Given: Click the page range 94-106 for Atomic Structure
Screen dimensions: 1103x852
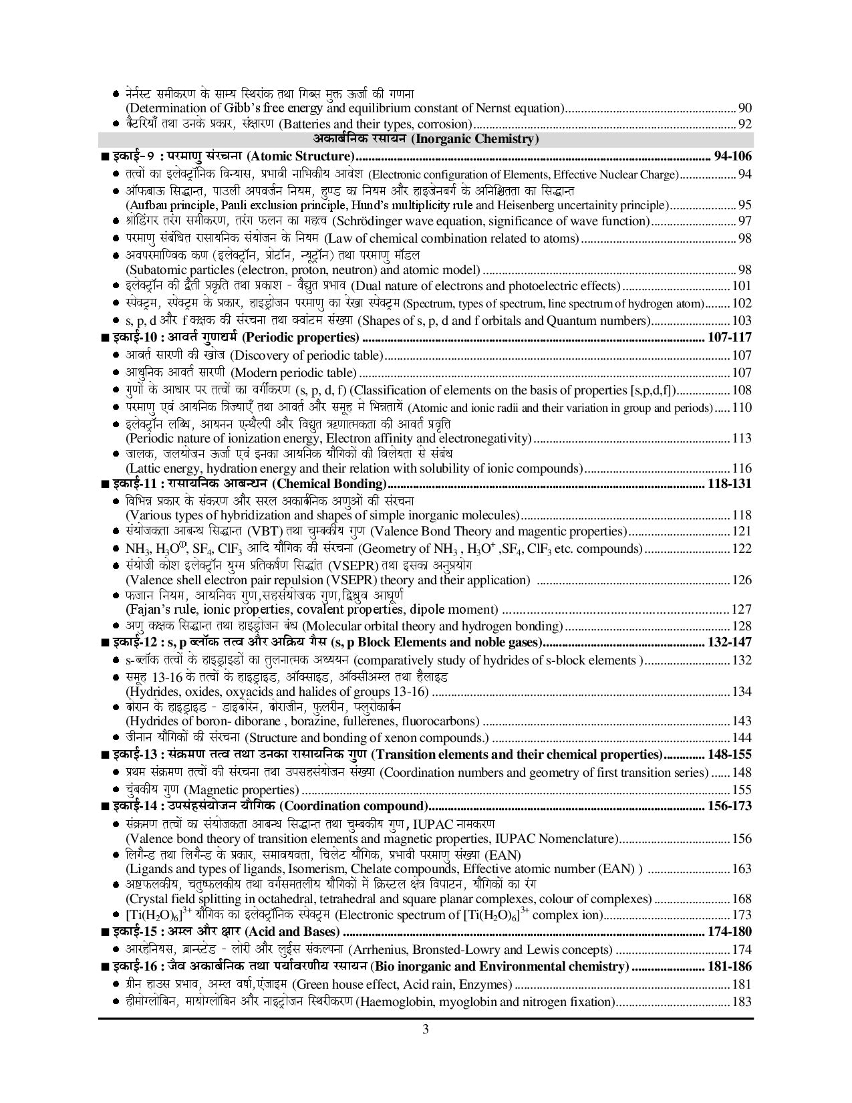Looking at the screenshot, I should [732, 156].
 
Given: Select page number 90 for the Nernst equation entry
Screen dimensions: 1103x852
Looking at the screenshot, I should [744, 108].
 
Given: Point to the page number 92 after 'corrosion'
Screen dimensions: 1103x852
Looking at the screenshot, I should [744, 124].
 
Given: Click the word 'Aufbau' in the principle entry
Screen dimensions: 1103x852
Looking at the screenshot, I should [147, 205].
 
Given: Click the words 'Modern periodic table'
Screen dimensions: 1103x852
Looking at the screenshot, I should [294, 373].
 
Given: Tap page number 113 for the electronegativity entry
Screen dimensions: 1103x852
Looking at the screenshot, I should [742, 439].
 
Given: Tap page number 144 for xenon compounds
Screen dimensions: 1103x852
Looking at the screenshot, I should [742, 738].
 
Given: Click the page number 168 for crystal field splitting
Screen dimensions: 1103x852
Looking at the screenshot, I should [742, 899].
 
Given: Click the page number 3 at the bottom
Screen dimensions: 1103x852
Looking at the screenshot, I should [426, 1029].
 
